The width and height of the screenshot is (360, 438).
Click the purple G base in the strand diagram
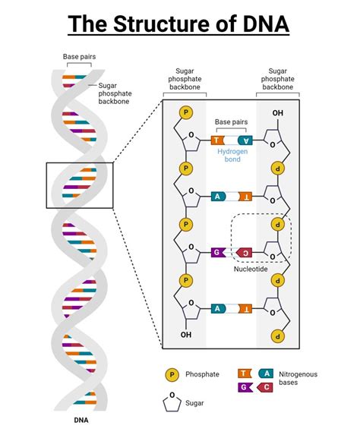(x=218, y=251)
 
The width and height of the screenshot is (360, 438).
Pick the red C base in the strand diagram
(x=244, y=251)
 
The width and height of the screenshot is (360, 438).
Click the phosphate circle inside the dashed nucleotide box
(x=279, y=225)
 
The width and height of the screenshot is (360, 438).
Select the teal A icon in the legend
(x=265, y=373)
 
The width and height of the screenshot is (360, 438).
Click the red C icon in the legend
(x=265, y=387)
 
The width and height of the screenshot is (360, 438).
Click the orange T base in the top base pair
(x=218, y=140)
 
